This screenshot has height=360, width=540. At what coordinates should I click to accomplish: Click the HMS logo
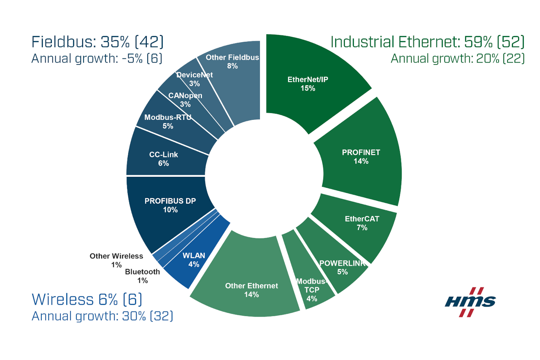(470, 301)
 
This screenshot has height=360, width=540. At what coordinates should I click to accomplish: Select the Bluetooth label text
(142, 272)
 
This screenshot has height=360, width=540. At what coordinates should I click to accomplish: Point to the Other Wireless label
(116, 256)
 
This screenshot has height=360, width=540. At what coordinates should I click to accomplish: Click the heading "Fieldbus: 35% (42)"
(97, 42)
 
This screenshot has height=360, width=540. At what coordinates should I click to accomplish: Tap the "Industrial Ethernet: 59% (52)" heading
(427, 42)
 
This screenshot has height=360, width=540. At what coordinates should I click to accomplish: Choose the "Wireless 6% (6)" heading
(87, 299)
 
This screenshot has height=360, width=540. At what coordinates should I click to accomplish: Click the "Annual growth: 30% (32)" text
(103, 316)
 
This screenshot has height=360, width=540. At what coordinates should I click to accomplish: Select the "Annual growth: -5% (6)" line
(97, 59)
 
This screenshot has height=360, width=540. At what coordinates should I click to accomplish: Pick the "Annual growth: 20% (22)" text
(458, 59)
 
